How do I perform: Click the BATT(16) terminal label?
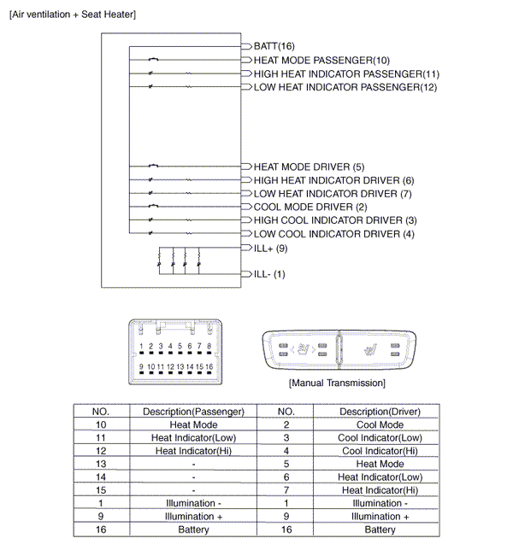point(274,45)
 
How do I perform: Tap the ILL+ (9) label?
point(270,248)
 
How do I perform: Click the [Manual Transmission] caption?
point(337,383)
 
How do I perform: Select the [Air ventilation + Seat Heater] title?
point(72,15)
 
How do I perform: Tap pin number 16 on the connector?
point(209,366)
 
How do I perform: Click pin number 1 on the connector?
point(140,346)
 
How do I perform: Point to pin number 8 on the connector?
point(209,346)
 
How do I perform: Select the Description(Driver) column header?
point(380,411)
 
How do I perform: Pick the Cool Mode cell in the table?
point(380,424)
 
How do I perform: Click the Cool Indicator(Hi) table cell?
point(380,451)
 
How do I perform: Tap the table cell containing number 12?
point(101,451)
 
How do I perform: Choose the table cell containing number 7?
point(287,490)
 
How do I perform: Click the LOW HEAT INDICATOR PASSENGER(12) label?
point(345,87)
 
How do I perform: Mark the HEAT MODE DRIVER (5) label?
point(309,167)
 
